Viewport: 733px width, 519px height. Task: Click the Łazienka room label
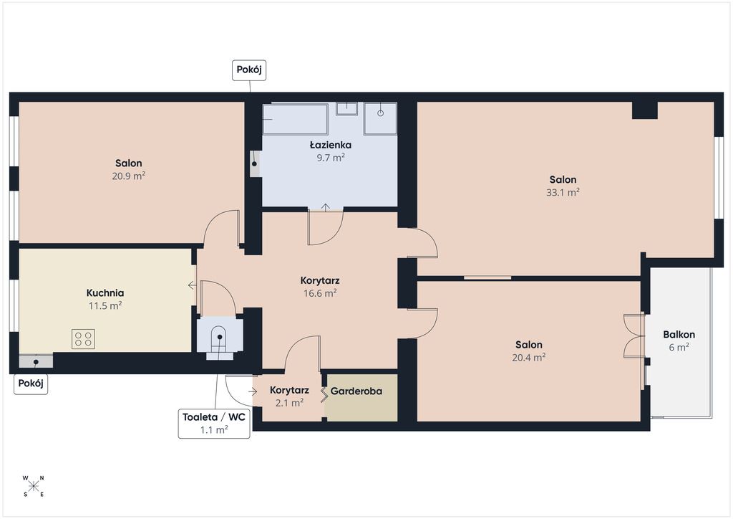tap(331, 145)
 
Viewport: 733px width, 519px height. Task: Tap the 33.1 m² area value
tap(563, 192)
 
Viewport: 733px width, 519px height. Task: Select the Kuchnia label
tap(105, 293)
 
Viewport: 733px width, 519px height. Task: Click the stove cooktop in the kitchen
tap(83, 339)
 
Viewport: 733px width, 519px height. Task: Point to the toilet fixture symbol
tap(220, 343)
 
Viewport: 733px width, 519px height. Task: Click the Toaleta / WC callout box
tap(214, 424)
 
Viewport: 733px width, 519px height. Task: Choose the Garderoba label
tap(356, 391)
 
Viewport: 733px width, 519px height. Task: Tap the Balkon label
tap(679, 335)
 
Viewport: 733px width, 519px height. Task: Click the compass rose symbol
tap(33, 486)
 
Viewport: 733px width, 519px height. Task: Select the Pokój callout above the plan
tap(249, 70)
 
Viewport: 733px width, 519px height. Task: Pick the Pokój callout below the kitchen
tap(31, 384)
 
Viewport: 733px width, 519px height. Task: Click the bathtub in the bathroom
tap(295, 119)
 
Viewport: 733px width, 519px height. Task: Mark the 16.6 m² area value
tap(320, 293)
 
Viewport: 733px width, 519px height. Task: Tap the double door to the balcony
tap(634, 336)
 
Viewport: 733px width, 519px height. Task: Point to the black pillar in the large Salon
tap(645, 110)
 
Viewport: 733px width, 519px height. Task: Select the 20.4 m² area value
tap(529, 358)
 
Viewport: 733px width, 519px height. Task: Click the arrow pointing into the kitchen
tap(192, 285)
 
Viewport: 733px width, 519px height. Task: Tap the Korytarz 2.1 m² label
tap(289, 396)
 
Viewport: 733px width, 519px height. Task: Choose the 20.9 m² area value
tap(129, 176)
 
